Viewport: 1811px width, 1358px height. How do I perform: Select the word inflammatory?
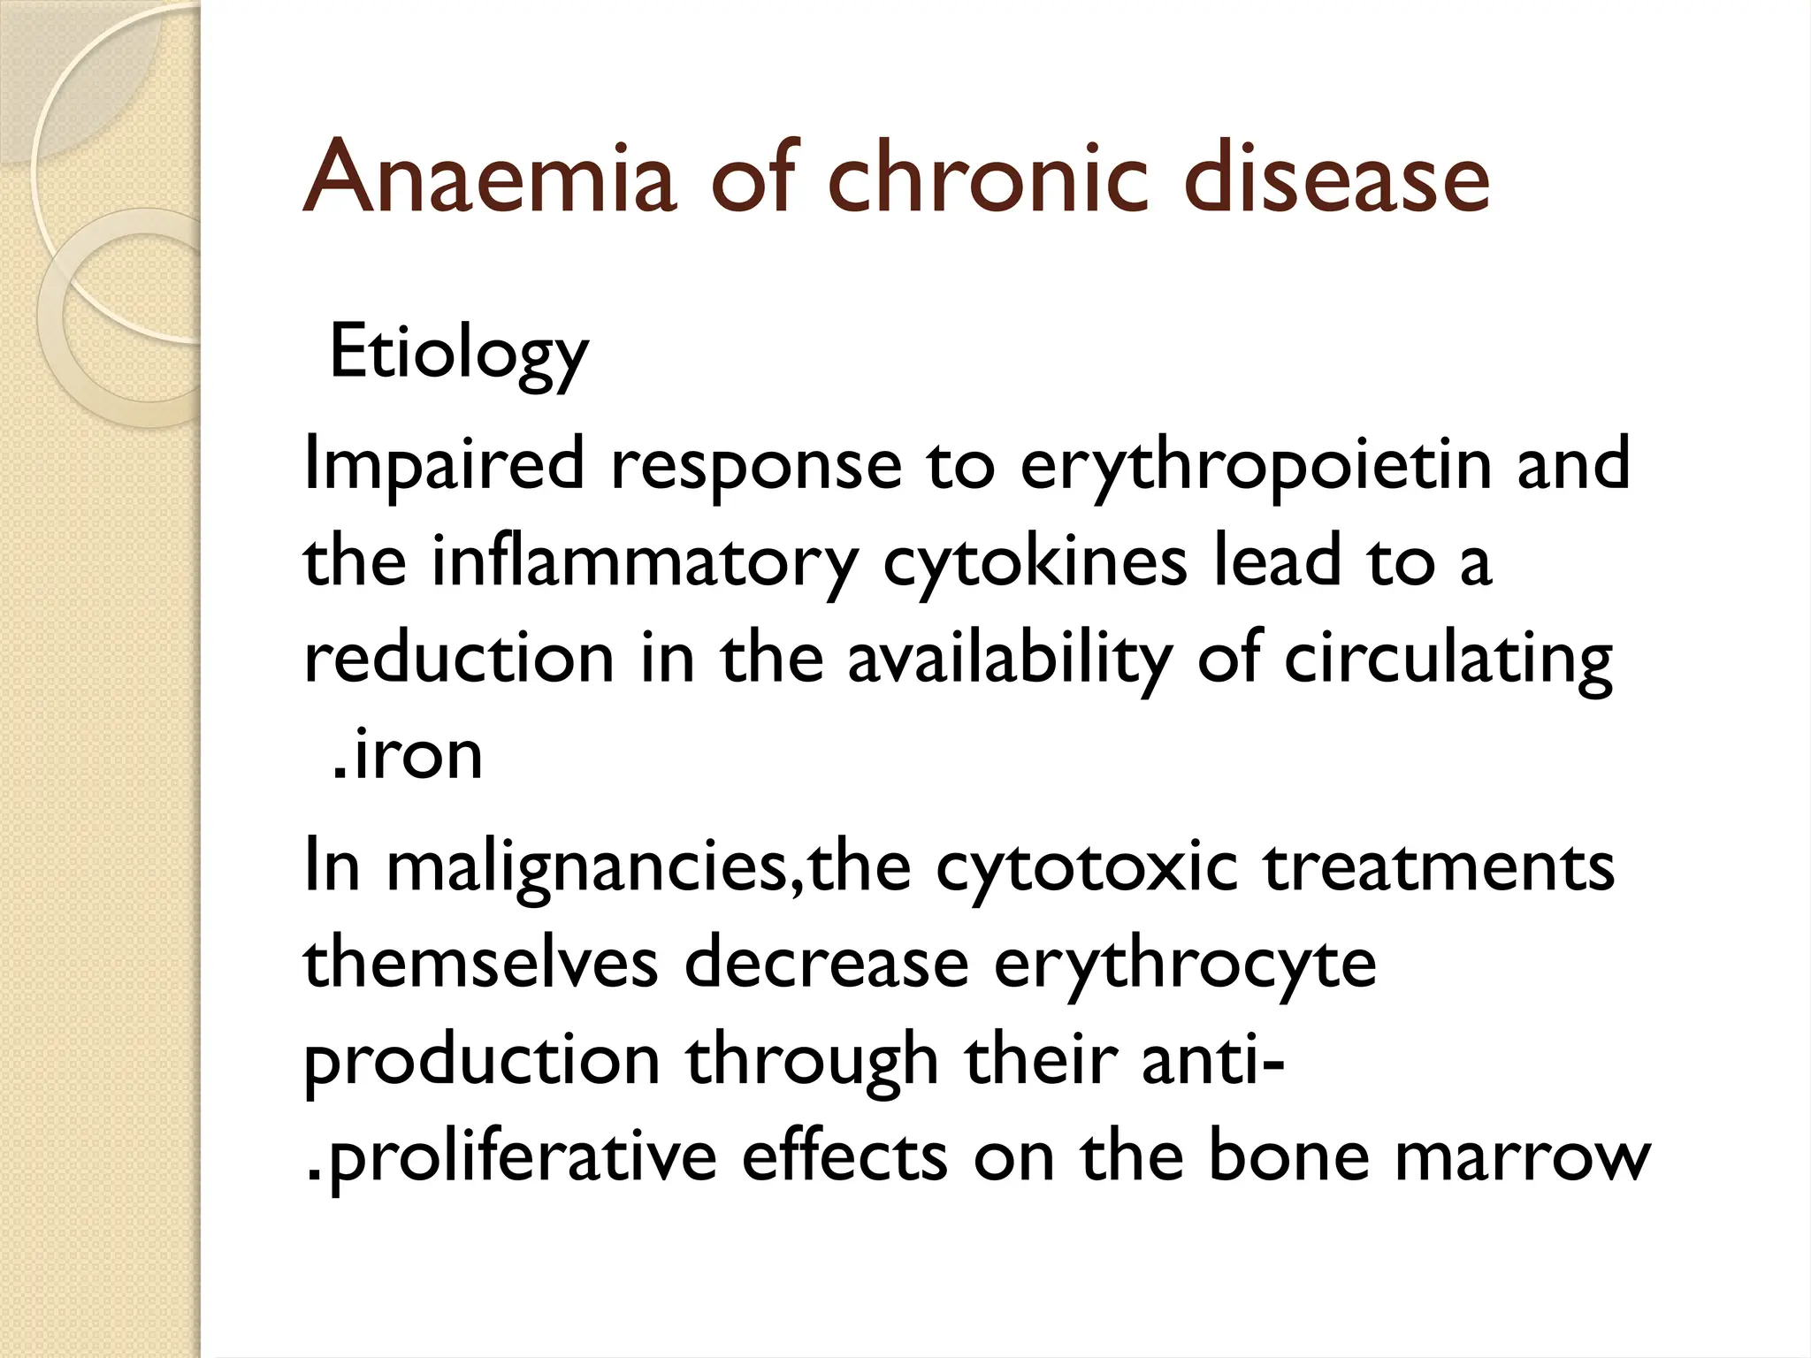click(x=645, y=562)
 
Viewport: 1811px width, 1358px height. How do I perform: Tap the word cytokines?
click(x=1035, y=562)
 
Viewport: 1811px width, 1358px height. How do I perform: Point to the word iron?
click(x=416, y=757)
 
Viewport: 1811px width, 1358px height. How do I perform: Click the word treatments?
click(x=1439, y=867)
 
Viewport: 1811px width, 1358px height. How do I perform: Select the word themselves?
click(x=481, y=964)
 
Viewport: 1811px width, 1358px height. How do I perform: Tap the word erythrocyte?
click(x=1185, y=964)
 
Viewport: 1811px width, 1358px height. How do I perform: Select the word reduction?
click(x=459, y=660)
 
